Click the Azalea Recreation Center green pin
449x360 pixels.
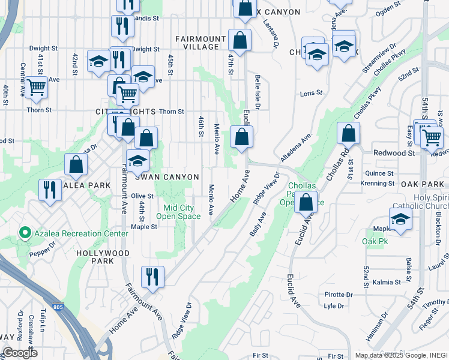25,232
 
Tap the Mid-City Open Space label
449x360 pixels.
178,212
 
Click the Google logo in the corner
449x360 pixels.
20,353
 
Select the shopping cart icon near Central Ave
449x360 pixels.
37,88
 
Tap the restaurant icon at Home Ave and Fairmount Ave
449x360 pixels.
152,277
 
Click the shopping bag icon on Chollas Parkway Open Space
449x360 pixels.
306,202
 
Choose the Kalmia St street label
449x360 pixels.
387,282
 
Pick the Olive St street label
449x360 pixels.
143,196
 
